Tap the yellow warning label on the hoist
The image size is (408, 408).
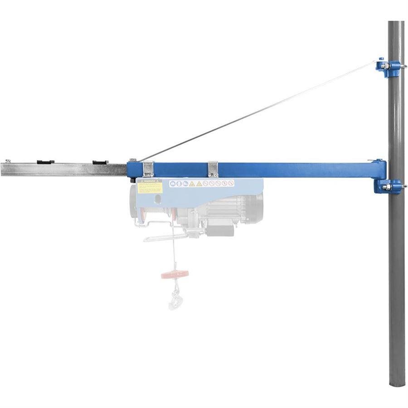150,186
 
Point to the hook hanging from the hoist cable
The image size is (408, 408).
174,299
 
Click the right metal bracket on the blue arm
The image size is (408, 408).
213,168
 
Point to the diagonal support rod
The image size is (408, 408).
258,111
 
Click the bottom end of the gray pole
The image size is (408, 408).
397,383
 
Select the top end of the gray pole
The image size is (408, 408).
396,24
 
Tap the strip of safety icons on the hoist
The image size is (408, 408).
201,184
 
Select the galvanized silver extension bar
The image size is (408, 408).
63,170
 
